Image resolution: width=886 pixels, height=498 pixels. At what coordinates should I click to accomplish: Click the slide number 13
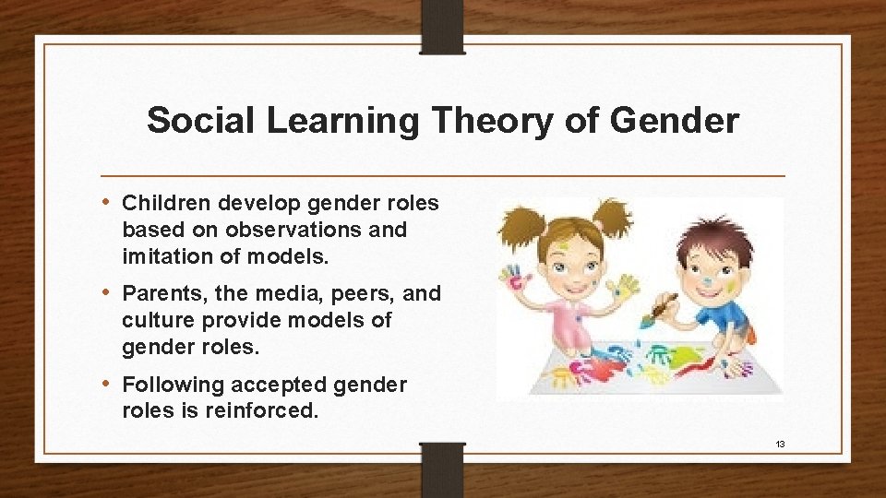[780, 445]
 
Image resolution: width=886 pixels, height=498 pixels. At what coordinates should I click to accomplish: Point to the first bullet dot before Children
[110, 202]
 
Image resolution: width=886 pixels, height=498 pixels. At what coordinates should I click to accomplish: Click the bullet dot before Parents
[110, 293]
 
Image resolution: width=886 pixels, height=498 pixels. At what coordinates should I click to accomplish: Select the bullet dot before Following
[110, 384]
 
